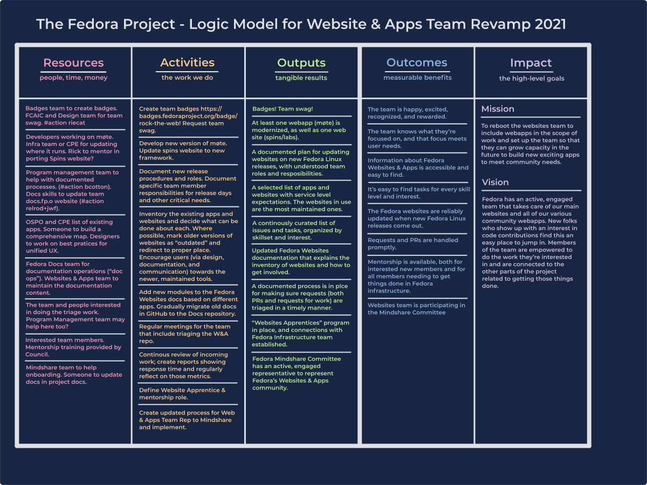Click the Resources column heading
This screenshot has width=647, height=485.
click(73, 63)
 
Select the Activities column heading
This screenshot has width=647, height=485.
click(187, 63)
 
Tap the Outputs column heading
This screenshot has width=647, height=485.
click(301, 63)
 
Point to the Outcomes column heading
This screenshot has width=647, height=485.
click(417, 63)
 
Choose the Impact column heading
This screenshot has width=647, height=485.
click(531, 63)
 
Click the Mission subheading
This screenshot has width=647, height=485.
click(498, 109)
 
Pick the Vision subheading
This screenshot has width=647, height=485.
click(495, 182)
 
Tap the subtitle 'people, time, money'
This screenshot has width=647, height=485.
click(73, 78)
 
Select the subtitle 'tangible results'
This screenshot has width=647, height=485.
click(301, 78)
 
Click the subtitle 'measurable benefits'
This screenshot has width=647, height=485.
click(417, 78)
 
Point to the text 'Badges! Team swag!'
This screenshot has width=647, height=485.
click(283, 109)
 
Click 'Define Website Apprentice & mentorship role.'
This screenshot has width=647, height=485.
click(182, 394)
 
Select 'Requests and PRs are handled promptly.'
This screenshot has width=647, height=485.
click(412, 244)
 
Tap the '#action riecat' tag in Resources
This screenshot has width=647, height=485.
click(64, 123)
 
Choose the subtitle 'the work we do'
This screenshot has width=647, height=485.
click(187, 78)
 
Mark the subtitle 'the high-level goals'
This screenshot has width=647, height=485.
click(532, 79)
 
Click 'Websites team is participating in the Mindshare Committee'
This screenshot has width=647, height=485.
click(416, 309)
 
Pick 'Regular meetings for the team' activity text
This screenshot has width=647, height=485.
click(184, 327)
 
